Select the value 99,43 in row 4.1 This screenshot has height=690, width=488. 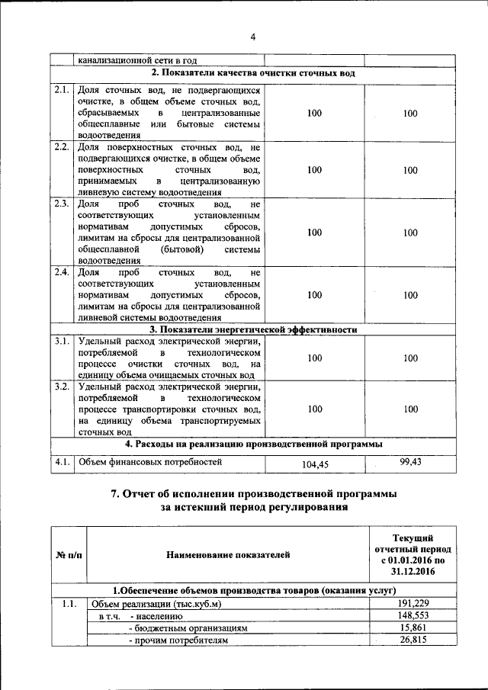tap(410, 461)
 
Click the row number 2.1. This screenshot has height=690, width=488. tap(62, 91)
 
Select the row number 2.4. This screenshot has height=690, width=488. tap(62, 272)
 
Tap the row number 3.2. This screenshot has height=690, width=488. tap(62, 387)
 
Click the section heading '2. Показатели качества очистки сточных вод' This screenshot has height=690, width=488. tap(253, 73)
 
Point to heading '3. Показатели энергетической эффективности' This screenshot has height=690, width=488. tap(253, 329)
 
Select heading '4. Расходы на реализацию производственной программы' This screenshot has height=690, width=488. tap(253, 443)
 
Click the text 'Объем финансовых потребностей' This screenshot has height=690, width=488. tap(149, 461)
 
